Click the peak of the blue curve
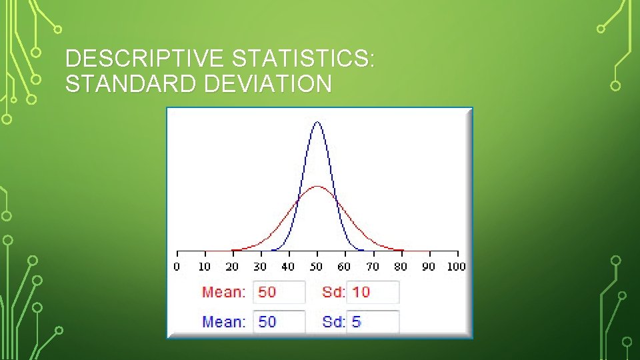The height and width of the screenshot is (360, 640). (x=317, y=122)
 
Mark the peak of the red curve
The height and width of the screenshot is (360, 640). (x=317, y=186)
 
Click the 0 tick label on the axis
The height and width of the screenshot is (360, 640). (x=177, y=267)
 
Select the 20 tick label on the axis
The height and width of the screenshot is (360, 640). (x=232, y=267)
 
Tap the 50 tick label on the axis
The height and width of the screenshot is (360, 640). (x=316, y=267)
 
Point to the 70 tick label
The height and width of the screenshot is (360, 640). (x=372, y=267)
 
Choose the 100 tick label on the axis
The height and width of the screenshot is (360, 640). (x=456, y=267)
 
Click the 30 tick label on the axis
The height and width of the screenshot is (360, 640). (x=260, y=267)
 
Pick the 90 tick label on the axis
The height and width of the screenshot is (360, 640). (x=428, y=267)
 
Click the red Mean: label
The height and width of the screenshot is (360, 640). (x=224, y=292)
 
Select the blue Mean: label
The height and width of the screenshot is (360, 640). (x=224, y=322)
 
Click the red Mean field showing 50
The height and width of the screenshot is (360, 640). (x=279, y=292)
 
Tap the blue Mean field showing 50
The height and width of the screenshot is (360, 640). (x=279, y=322)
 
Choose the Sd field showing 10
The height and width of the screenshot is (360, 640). (x=373, y=292)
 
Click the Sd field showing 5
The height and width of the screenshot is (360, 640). (x=373, y=322)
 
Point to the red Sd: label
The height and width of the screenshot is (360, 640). (x=333, y=292)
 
